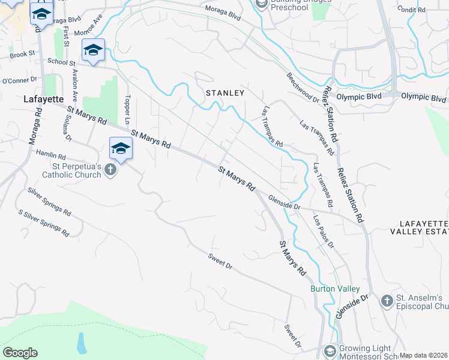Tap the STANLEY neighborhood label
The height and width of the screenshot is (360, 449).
coord(225,93)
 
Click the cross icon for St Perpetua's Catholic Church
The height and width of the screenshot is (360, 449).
coord(110,170)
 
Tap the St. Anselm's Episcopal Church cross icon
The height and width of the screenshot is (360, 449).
coord(386,299)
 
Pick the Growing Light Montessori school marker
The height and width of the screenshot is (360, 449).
coord(330,350)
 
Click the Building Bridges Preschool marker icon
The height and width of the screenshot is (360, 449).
coord(261,4)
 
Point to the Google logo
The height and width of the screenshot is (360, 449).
coord(20,353)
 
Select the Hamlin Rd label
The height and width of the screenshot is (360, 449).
coord(50,154)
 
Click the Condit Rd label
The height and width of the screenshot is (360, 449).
coord(411,10)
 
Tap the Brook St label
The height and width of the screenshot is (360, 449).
coord(23,55)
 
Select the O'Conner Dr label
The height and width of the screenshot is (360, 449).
coord(20,79)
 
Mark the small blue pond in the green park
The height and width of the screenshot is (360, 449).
coord(81,342)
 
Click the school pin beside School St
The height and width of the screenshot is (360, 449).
coord(94,51)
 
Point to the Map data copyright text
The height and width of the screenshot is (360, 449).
coord(423,355)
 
